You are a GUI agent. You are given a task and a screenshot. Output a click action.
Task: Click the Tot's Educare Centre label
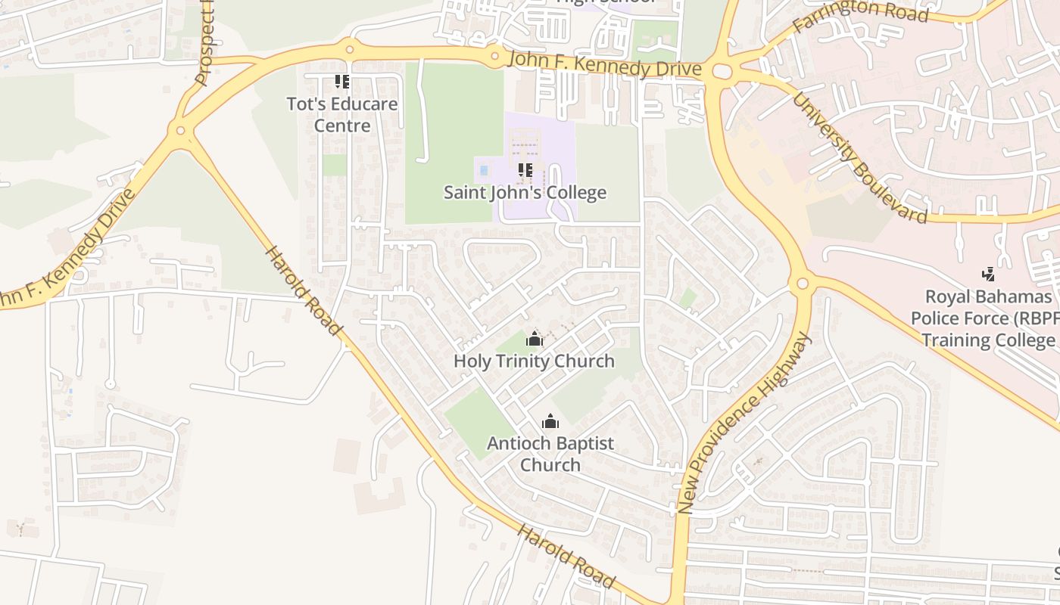(342, 114)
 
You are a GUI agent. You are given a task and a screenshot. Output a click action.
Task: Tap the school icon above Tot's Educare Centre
(342, 82)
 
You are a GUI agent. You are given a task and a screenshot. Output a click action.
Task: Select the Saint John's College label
(525, 192)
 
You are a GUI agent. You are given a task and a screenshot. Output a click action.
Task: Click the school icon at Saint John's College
(525, 171)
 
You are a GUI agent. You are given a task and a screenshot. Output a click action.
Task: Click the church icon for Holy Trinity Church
(535, 339)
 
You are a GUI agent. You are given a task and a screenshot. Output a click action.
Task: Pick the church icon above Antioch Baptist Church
(550, 421)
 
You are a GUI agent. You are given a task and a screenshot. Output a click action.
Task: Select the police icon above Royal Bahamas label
(988, 274)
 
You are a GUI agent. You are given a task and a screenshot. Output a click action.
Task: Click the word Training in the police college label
(956, 340)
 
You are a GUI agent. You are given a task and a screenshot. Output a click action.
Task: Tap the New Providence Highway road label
(744, 424)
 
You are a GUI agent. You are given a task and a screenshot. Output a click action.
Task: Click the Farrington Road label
(860, 16)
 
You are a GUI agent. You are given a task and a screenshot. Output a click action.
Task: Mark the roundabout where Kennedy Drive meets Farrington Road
(722, 72)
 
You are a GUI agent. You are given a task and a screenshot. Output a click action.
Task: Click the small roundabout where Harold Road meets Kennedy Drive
(180, 131)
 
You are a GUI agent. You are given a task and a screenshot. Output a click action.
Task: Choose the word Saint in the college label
(463, 192)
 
